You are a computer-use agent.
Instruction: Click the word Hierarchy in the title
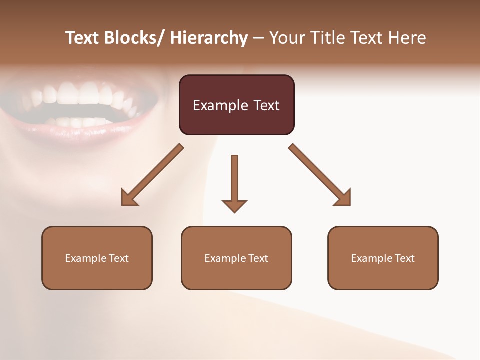(209, 38)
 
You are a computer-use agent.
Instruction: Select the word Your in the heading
(287, 38)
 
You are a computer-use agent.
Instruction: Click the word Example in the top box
(220, 105)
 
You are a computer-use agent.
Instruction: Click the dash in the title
(258, 39)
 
